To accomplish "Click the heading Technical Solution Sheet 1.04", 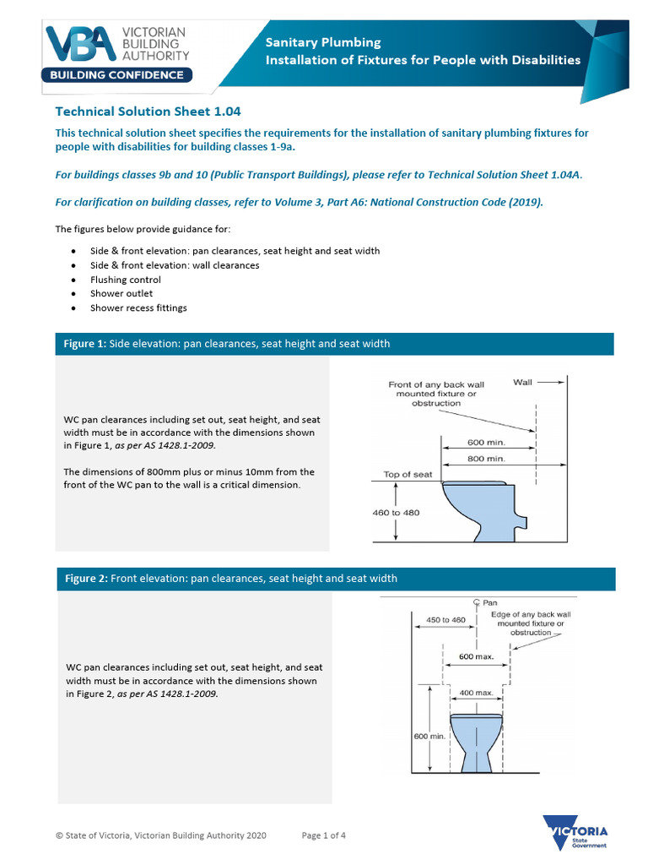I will [148, 111].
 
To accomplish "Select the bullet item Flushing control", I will [126, 280].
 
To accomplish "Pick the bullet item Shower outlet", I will [121, 294].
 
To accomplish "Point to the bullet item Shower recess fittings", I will [138, 308].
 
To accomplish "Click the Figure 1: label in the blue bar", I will [86, 344].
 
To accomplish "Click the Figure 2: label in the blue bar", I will [87, 579].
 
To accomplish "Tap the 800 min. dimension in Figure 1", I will [487, 458].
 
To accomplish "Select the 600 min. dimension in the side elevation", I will [487, 442].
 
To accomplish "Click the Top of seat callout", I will [408, 475].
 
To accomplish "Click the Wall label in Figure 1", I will [523, 383].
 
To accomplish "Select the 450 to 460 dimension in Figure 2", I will [445, 620].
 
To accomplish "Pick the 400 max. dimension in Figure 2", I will [475, 693].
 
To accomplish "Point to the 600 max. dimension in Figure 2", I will [476, 656].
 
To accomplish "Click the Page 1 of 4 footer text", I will [324, 835].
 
